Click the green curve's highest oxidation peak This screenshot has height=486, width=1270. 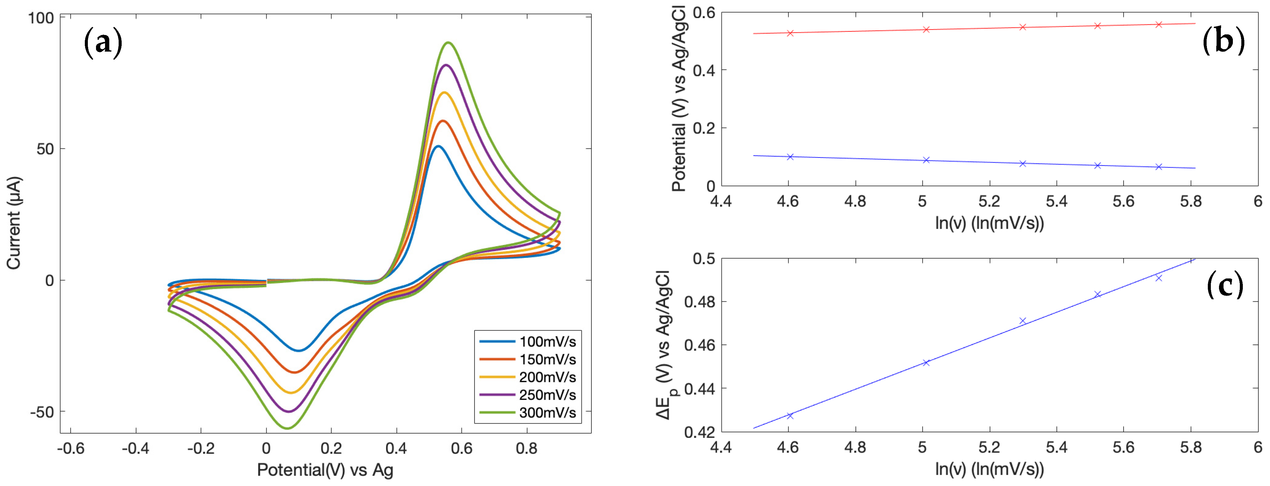pyautogui.click(x=448, y=43)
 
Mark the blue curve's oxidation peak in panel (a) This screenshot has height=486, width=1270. pyautogui.click(x=438, y=146)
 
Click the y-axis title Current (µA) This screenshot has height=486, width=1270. pyautogui.click(x=14, y=223)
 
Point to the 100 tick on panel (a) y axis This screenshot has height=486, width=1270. pyautogui.click(x=41, y=18)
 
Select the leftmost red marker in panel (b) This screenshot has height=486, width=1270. pyautogui.click(x=790, y=33)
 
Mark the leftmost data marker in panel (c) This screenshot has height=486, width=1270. pyautogui.click(x=790, y=415)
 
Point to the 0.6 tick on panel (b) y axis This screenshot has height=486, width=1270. pyautogui.click(x=704, y=13)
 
